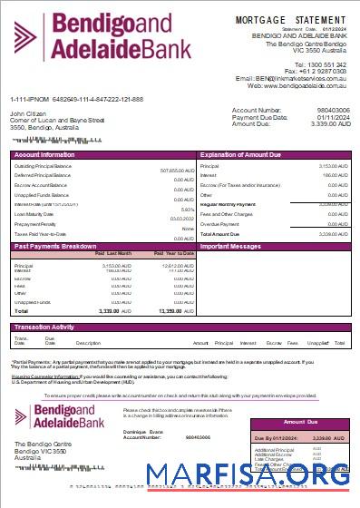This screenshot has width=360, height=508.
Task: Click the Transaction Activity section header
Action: tap(44, 326)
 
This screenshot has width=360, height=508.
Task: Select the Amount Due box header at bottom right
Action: tap(302, 423)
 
